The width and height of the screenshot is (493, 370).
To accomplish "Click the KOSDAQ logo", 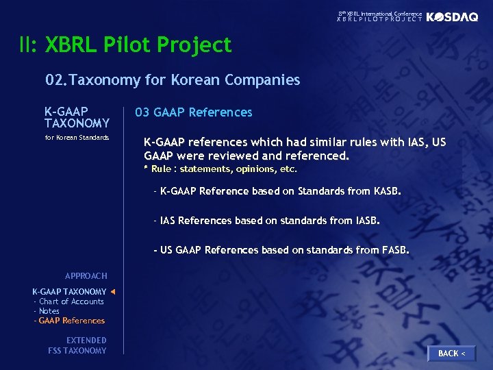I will (452, 17).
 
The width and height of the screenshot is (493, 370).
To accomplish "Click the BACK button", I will (451, 353).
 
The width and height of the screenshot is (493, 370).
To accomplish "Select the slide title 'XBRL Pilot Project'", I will (138, 45).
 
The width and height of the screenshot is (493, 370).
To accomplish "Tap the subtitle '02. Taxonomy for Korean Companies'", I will (173, 80).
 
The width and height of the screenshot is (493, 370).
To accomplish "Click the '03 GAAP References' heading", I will (193, 112).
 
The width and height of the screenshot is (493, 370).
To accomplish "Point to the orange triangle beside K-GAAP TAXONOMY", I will (113, 292).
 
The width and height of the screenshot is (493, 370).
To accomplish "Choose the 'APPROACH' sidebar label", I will (86, 276).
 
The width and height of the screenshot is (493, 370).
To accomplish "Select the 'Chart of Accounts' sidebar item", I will (71, 301).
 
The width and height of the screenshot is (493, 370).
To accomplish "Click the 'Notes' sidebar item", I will (49, 311).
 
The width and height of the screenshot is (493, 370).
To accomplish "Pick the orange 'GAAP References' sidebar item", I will (71, 321).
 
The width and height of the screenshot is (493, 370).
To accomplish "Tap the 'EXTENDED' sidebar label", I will (86, 341).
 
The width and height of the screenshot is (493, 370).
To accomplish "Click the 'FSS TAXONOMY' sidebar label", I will (77, 351).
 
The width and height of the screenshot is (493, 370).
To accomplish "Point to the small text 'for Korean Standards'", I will (77, 138).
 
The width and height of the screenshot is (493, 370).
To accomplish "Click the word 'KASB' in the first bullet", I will (387, 191).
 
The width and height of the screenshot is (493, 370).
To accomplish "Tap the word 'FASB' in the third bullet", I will (394, 250).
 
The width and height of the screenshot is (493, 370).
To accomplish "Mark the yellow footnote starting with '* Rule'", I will (220, 169).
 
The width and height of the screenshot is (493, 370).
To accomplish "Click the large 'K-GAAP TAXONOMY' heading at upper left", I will (77, 117).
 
